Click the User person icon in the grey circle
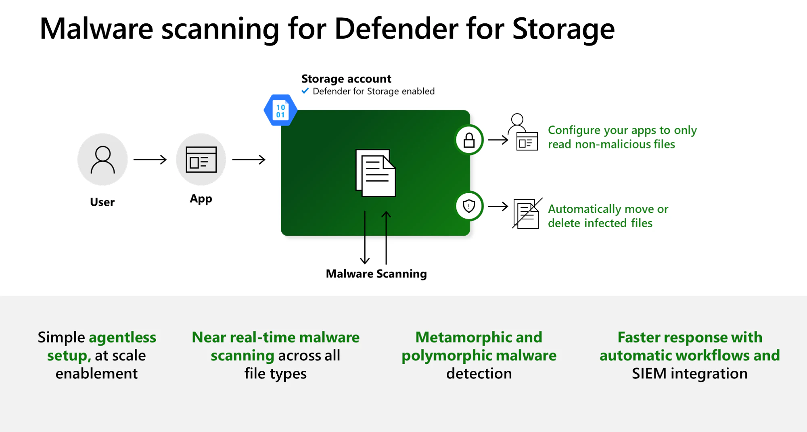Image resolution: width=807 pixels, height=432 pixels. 102,160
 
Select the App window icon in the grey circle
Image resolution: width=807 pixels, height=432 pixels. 201,160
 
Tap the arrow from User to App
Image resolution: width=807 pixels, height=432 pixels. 150,160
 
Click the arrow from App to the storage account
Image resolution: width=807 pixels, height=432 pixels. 249,160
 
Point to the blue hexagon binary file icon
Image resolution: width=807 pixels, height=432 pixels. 280,110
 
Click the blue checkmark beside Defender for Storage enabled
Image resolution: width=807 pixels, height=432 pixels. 305,91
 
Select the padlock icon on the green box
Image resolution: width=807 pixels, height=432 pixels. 469,140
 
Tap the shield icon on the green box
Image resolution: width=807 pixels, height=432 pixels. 469,206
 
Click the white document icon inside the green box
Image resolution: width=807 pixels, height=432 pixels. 376,173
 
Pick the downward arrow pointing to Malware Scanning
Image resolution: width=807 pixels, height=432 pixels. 365,237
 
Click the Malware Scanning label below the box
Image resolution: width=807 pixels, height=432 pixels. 376,274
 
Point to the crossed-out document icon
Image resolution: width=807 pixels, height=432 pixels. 527,213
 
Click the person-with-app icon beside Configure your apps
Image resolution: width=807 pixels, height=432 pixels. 523,132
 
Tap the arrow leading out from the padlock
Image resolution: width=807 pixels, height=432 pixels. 498,140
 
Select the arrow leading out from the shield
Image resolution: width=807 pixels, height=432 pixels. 498,206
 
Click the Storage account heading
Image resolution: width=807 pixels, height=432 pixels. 346,79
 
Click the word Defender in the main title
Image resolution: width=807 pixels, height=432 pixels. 396,29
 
